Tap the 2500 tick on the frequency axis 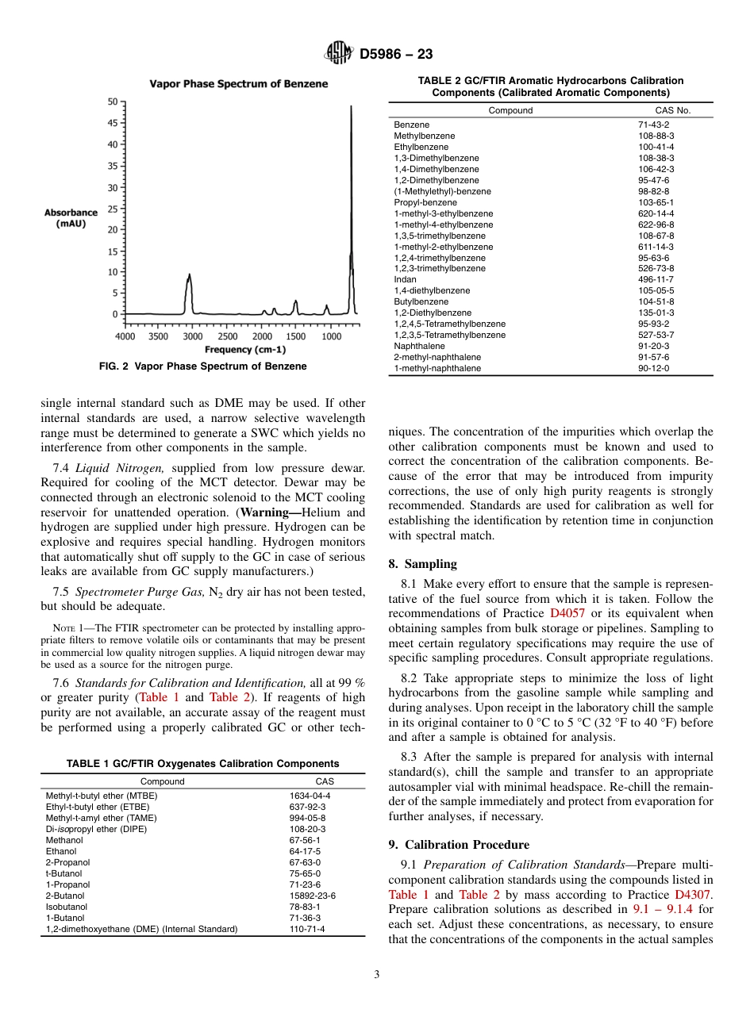[x=228, y=336]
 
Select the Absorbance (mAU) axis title [x=71, y=218]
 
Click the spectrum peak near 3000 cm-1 [x=189, y=278]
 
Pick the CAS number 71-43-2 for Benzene [x=653, y=125]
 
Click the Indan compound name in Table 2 [x=405, y=279]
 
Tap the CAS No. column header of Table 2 [x=672, y=110]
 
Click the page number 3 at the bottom [x=376, y=975]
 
